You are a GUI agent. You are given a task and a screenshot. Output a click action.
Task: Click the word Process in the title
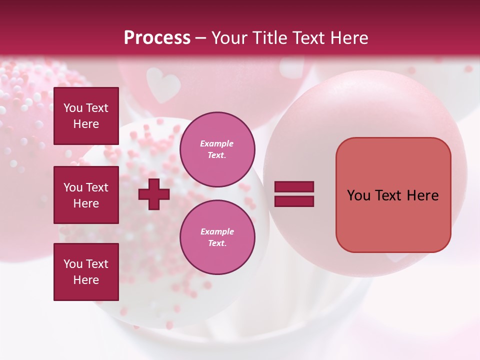tap(157, 38)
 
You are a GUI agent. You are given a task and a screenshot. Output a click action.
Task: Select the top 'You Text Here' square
tap(86, 116)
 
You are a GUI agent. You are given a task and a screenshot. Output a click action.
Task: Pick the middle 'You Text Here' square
tap(86, 195)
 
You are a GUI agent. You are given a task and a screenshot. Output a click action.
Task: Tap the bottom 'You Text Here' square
tap(86, 272)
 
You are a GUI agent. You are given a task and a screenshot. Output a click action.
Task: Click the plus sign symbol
tap(154, 194)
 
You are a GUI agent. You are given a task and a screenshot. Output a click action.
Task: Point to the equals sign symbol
tap(294, 194)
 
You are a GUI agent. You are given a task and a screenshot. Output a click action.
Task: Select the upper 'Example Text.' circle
tap(217, 149)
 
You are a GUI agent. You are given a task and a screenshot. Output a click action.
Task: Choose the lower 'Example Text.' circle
tap(217, 237)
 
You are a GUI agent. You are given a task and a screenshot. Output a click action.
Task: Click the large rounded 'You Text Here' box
tap(393, 195)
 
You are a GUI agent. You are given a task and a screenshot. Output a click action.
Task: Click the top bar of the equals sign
tap(294, 187)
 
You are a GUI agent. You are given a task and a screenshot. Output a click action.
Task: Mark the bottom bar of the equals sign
tap(294, 201)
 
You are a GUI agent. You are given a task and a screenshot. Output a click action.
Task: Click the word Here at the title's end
tap(349, 38)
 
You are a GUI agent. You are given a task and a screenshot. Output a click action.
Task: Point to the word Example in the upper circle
tap(217, 143)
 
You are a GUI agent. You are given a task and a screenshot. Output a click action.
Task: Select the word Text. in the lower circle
tap(217, 243)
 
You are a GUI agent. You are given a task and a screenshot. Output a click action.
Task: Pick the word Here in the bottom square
tap(86, 280)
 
